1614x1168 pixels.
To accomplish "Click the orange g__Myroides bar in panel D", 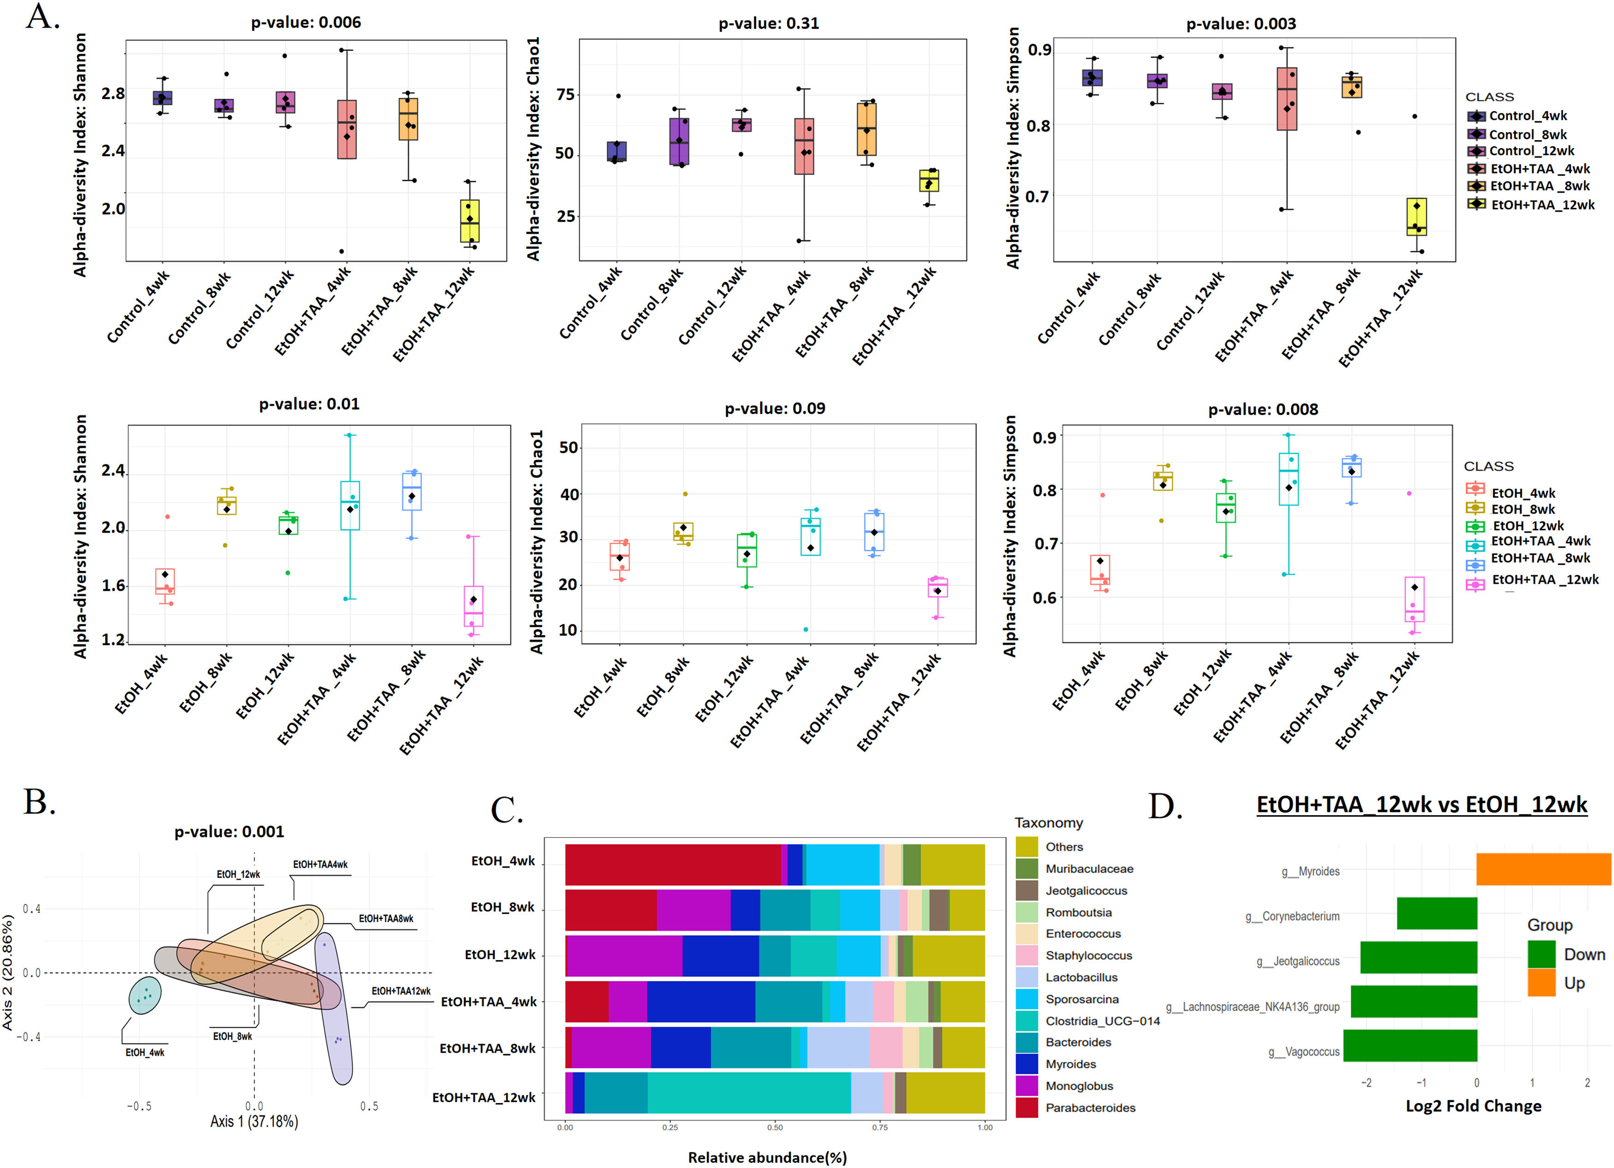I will pyautogui.click(x=1543, y=869).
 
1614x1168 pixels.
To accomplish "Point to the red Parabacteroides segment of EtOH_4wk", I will pyautogui.click(x=672, y=864).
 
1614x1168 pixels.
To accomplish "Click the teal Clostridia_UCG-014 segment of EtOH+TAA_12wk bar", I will pyautogui.click(x=748, y=1092).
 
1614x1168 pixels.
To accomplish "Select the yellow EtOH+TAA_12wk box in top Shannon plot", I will pyautogui.click(x=470, y=221).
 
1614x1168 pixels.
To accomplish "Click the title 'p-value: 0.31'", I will pyautogui.click(x=769, y=24).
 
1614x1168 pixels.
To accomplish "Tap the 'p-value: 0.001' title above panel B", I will pyautogui.click(x=229, y=831).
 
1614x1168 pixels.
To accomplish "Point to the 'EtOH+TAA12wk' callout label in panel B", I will pyautogui.click(x=401, y=991).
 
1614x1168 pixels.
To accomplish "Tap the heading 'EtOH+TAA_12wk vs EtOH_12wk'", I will pyautogui.click(x=1421, y=805).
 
